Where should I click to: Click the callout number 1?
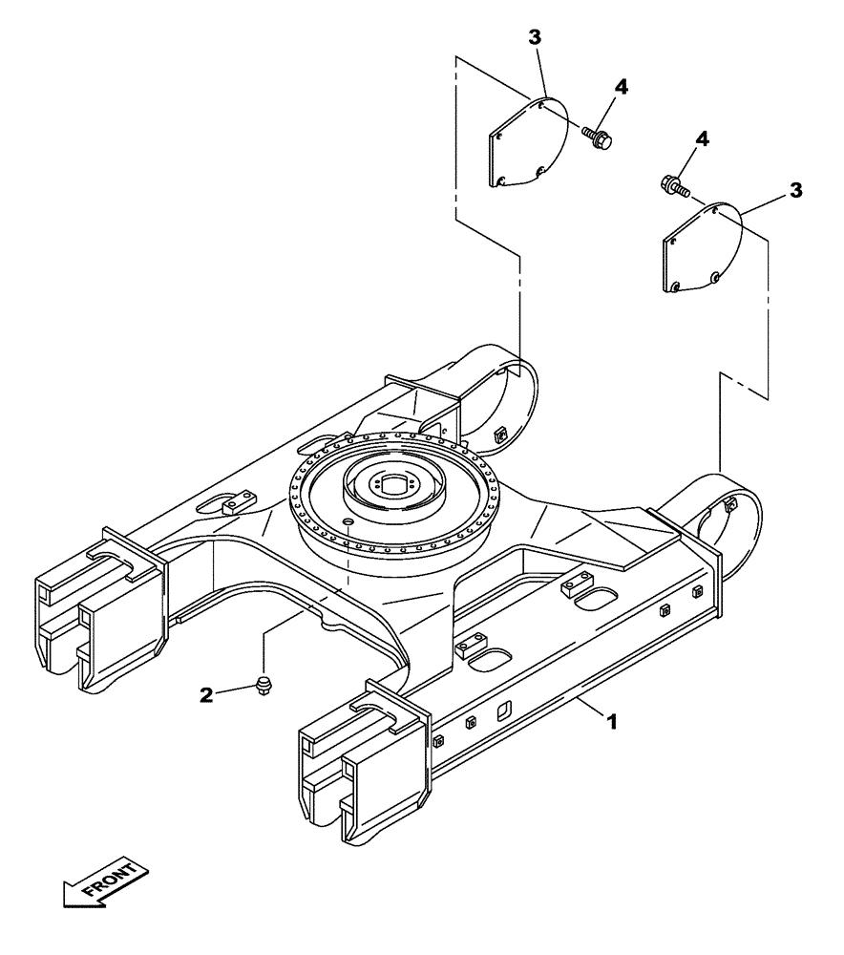click(612, 723)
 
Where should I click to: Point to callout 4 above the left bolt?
click(622, 86)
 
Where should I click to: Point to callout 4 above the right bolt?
click(703, 139)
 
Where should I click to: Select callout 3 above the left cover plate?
click(536, 38)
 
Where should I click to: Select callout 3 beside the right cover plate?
click(796, 191)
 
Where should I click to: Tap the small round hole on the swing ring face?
click(348, 521)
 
